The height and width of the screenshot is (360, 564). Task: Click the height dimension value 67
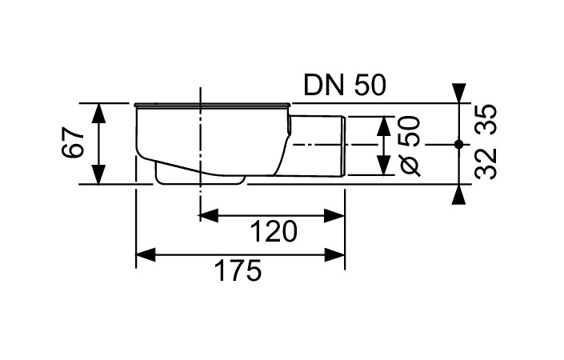(x=74, y=143)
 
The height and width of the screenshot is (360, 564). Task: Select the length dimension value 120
(x=274, y=231)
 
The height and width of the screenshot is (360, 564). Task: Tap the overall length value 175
(x=238, y=272)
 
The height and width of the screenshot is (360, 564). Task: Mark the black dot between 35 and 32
(x=458, y=144)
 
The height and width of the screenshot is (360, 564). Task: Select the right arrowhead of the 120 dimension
(x=335, y=214)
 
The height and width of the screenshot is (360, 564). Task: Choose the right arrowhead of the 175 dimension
(x=335, y=255)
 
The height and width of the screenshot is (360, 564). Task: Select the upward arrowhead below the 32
(x=458, y=194)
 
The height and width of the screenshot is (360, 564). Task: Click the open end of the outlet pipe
(x=344, y=145)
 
